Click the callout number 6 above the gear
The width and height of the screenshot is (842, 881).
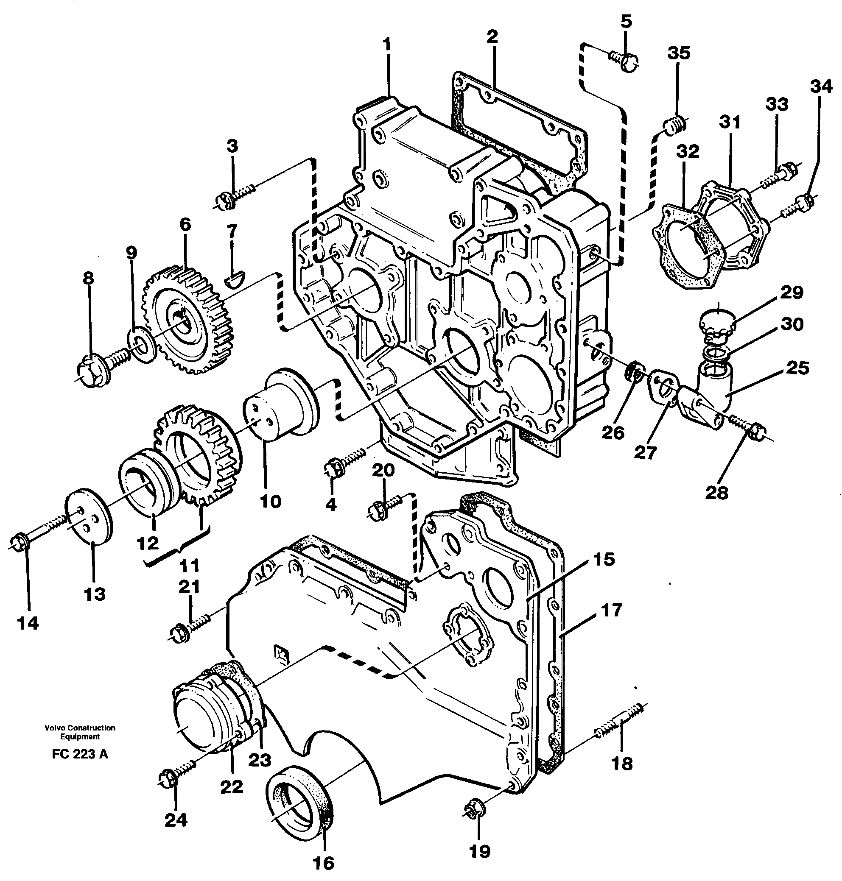(185, 224)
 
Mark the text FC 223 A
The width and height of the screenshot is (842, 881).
(80, 755)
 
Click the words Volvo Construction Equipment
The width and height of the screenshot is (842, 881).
(80, 732)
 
